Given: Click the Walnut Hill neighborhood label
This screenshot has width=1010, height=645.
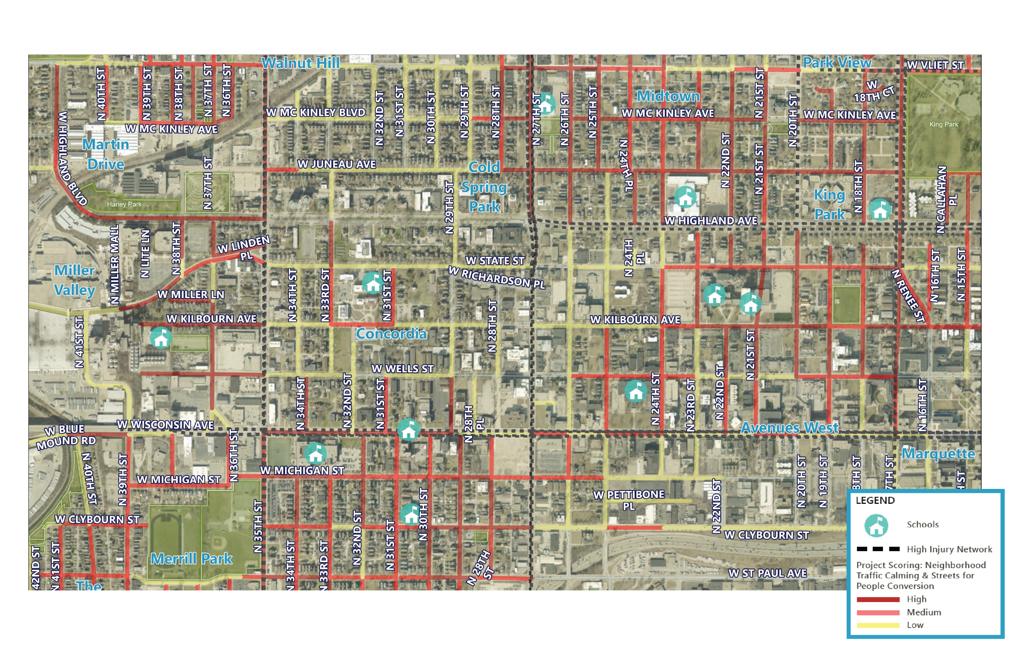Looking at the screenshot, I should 300,63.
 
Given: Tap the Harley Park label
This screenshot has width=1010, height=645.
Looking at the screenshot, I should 124,205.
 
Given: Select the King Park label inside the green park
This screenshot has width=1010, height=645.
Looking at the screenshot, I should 943,125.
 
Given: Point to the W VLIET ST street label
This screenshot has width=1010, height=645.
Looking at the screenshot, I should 935,65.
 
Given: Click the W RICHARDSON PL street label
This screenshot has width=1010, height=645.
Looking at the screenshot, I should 497,278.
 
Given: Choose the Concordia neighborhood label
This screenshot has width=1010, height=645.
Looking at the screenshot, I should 391,334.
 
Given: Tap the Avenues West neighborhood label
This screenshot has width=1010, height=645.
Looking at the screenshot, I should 789,428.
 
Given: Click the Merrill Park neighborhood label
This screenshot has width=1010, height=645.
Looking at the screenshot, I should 191,559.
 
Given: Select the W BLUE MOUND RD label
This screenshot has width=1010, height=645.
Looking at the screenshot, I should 66,436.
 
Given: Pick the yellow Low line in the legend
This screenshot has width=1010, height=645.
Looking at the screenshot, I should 877,625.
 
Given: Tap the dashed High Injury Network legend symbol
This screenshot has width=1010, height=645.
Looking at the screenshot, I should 878,549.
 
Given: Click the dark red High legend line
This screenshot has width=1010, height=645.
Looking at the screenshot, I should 877,599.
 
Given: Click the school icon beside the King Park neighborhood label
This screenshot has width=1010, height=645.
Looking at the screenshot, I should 879,210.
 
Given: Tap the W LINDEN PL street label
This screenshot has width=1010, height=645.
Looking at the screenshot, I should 244,248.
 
